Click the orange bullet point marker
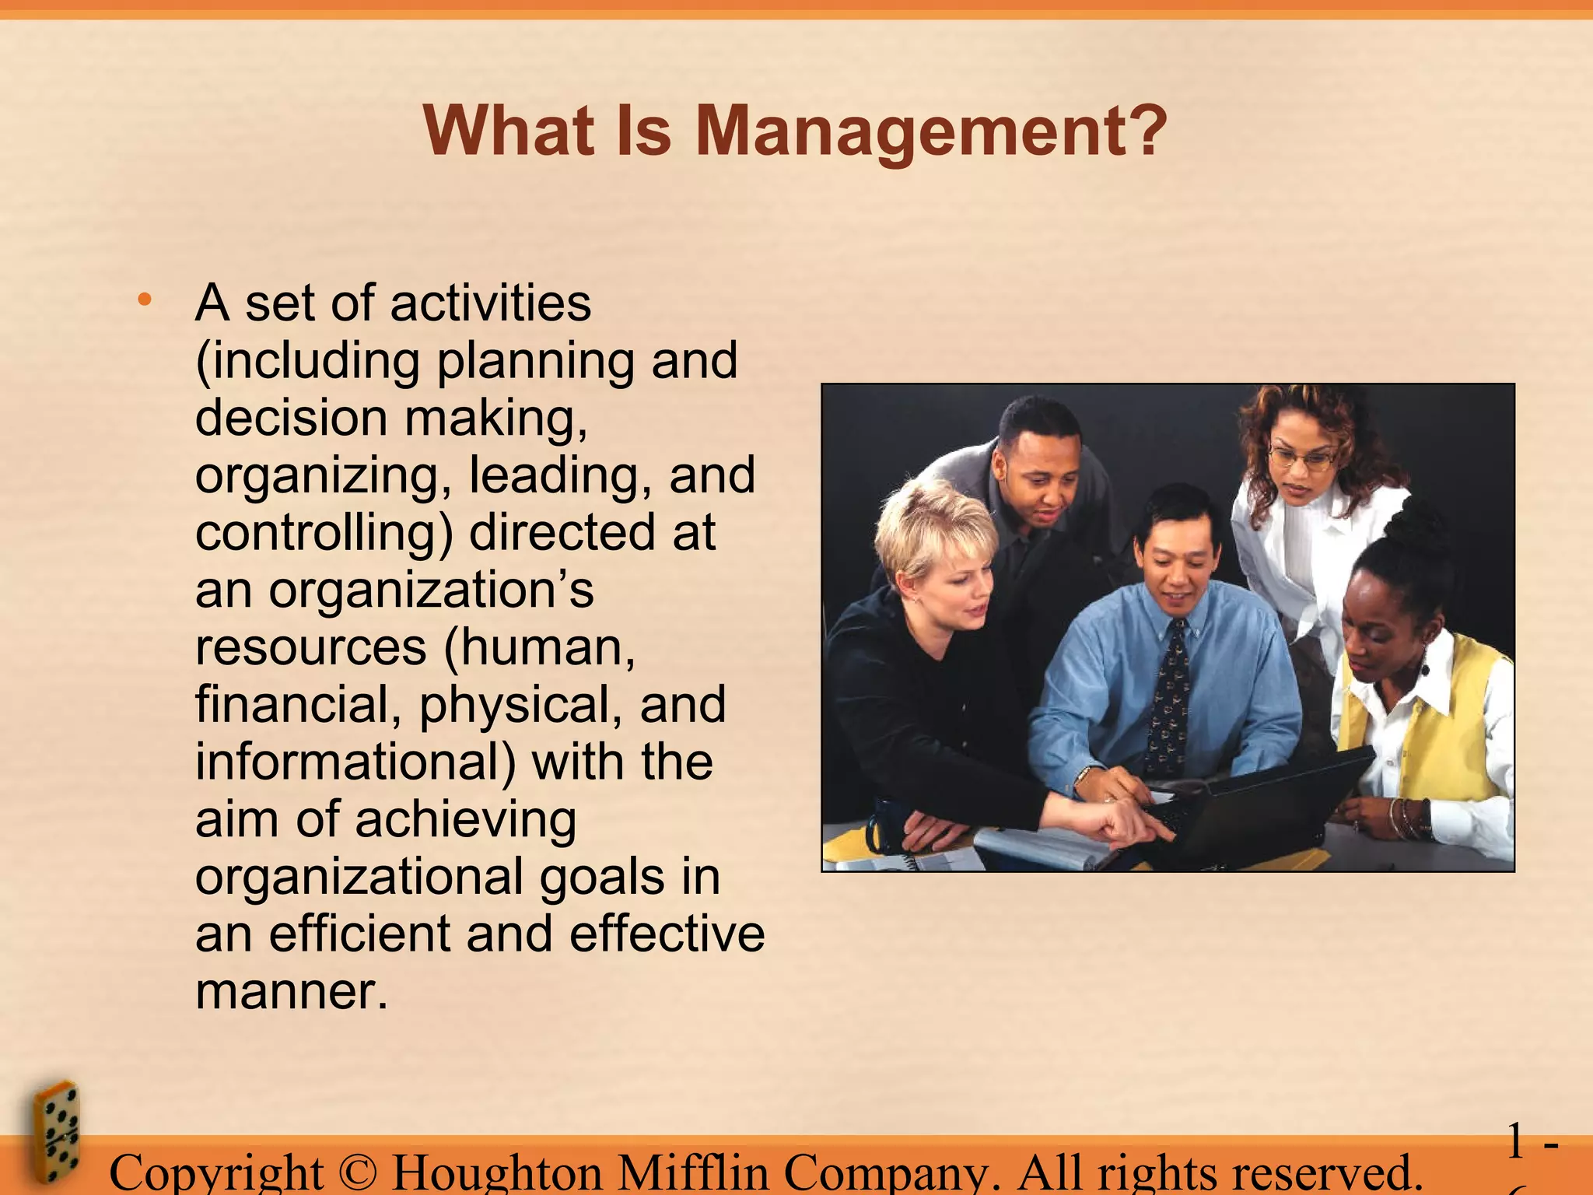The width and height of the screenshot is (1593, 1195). (x=143, y=300)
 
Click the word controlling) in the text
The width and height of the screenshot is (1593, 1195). (x=324, y=534)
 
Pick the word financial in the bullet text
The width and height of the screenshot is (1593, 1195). (x=298, y=705)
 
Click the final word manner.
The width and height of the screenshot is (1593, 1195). (x=291, y=991)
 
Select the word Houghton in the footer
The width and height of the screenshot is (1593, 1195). (x=497, y=1173)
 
